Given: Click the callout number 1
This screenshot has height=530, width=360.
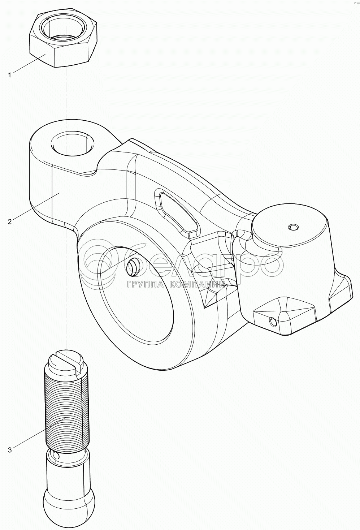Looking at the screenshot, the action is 10,75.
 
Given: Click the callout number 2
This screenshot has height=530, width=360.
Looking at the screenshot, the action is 10,221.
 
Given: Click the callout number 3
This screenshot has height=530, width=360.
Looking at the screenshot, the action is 10,450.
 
